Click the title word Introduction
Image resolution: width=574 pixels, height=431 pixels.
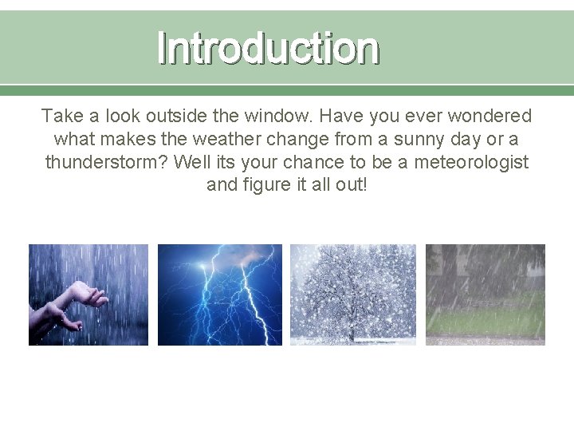(269, 47)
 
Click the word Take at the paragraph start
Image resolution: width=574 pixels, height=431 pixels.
(60, 117)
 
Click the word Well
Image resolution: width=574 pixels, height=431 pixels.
(189, 162)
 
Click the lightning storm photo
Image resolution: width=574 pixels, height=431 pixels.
(220, 295)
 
